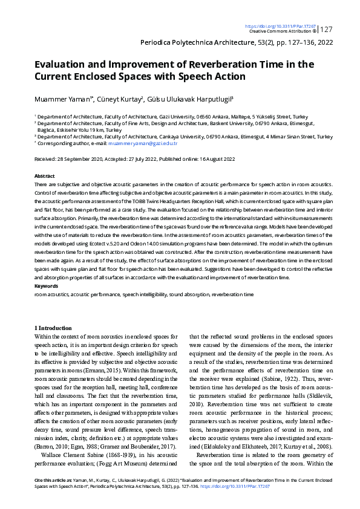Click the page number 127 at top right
tap(326, 30)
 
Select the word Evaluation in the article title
tap(60, 65)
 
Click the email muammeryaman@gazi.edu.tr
tap(143, 144)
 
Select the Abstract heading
tap(45, 175)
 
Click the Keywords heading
tap(47, 285)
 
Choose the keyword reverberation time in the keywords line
tap(232, 293)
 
